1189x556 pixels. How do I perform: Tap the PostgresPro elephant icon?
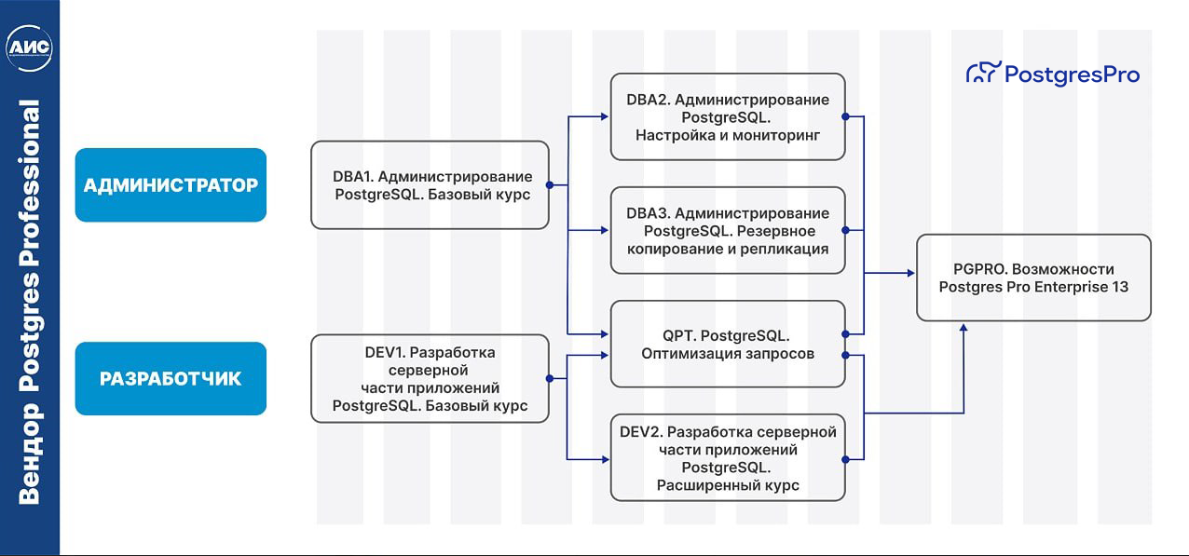[983, 74]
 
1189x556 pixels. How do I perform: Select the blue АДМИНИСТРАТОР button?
[171, 185]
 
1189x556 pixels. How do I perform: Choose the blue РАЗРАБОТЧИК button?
[171, 378]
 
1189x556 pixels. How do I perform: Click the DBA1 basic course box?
[430, 185]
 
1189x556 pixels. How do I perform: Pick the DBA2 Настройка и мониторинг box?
[728, 117]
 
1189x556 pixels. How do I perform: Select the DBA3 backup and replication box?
[728, 231]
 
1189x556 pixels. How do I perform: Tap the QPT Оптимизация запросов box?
[728, 344]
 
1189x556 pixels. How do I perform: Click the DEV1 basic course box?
[430, 378]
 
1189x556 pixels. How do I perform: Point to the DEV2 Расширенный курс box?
[728, 458]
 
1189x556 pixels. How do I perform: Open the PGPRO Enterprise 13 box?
[1033, 278]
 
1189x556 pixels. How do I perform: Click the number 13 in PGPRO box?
[1120, 287]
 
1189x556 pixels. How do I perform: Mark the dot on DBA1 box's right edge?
[549, 185]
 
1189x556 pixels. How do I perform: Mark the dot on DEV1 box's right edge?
[549, 378]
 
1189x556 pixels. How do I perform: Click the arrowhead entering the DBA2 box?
[605, 116]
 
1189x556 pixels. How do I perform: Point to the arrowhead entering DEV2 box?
[605, 458]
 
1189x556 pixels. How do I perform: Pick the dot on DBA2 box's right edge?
[845, 116]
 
